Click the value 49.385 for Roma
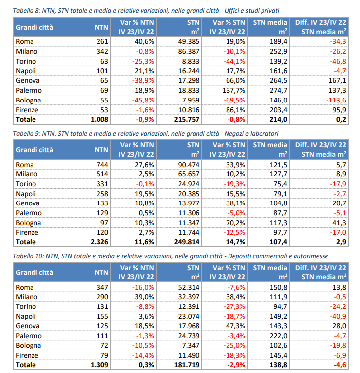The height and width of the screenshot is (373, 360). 189,41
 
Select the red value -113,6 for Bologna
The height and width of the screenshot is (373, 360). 336,100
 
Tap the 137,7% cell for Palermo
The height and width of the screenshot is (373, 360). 233,90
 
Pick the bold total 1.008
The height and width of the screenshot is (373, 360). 99,119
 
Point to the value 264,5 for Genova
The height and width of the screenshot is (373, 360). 278,81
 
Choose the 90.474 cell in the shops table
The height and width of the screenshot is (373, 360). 189,165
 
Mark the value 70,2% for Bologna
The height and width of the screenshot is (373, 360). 235,223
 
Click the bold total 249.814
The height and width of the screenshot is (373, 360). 187,242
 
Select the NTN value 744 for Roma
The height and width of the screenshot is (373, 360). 102,165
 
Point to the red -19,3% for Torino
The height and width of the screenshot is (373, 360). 234,184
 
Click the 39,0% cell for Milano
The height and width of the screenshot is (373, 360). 144,297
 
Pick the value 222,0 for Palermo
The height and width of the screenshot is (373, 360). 278,336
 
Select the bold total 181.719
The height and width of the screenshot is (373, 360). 187,365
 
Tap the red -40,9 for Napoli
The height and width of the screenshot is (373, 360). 338,316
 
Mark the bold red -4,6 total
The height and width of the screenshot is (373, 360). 340,365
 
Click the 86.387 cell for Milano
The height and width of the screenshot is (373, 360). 189,51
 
